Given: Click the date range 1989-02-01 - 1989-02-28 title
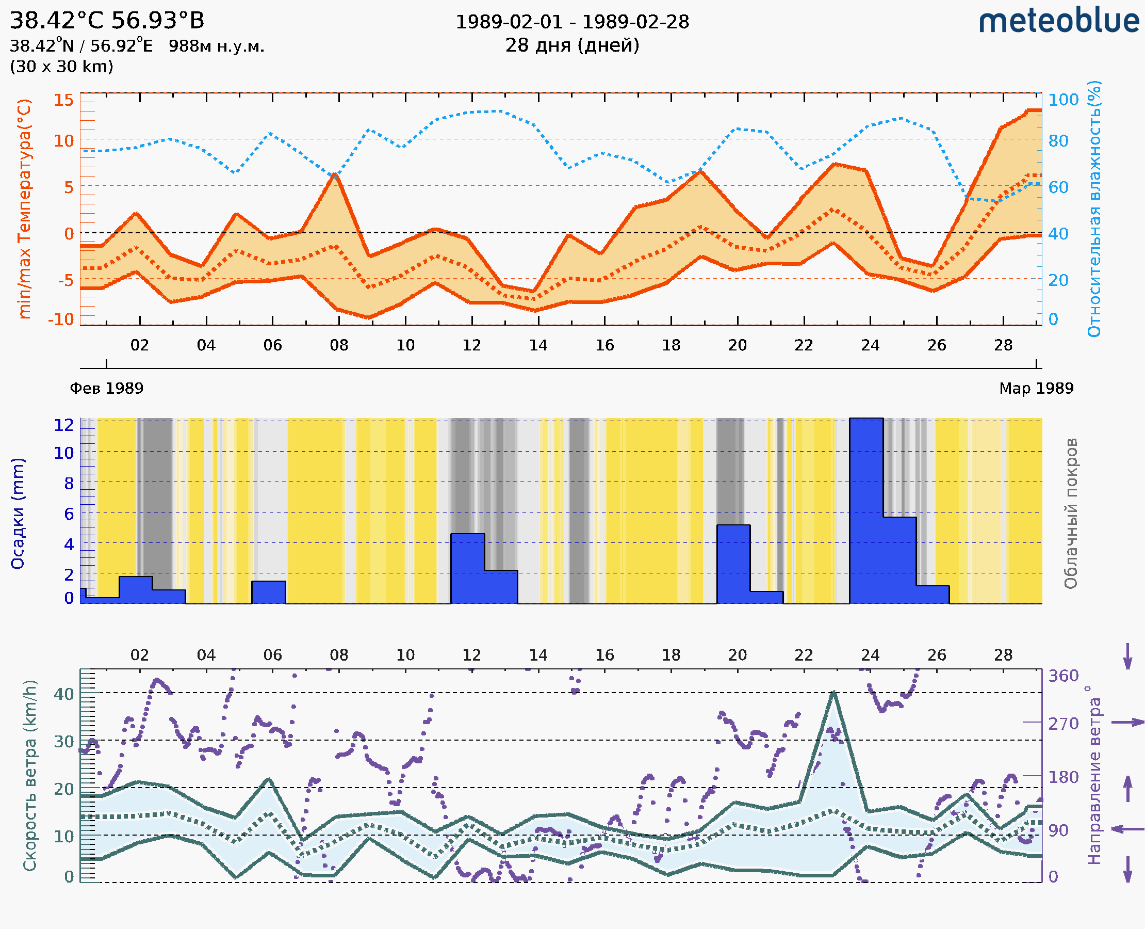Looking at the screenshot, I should click(x=571, y=22).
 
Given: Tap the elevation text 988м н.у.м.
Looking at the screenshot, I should click(x=216, y=46).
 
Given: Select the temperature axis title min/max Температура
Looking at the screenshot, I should click(x=25, y=209).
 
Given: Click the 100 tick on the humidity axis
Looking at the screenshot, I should click(x=1062, y=100).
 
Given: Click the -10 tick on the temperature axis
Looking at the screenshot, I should click(x=61, y=319).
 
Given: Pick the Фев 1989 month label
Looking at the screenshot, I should click(x=106, y=388).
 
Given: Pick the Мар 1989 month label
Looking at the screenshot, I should click(x=1036, y=388).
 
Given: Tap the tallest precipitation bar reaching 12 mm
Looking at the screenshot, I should click(x=866, y=508).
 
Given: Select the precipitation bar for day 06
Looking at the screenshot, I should click(x=269, y=592).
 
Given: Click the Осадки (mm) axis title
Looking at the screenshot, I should click(x=18, y=514).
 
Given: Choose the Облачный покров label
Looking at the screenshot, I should click(x=1071, y=514).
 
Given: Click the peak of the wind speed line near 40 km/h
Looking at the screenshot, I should click(x=833, y=693).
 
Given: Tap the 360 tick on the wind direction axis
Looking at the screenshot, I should click(x=1063, y=676).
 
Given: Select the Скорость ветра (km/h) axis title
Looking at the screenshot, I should click(x=30, y=775).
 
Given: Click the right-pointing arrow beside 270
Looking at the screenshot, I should click(x=1127, y=723).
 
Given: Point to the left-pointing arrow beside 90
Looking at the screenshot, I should click(x=1127, y=829).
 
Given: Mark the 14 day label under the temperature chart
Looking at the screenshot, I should click(x=538, y=345).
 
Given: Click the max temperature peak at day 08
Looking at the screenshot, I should click(x=335, y=174).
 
